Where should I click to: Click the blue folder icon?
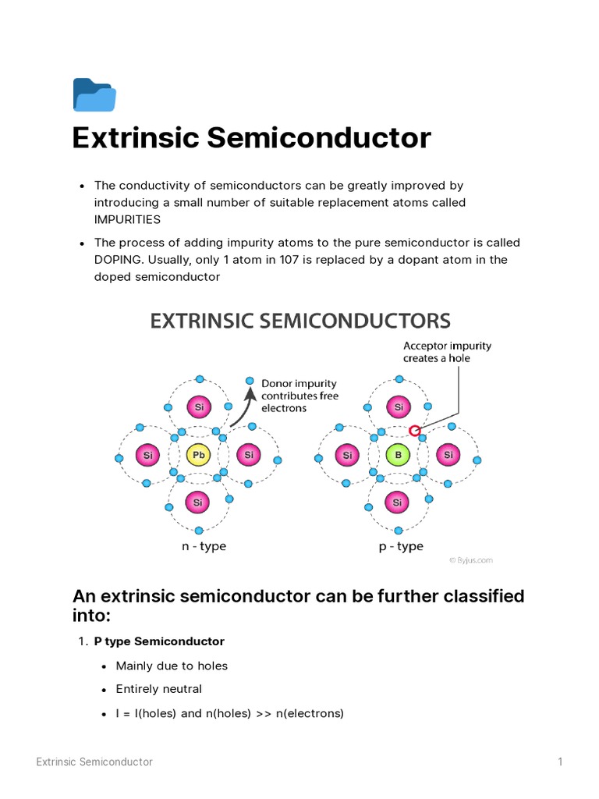tap(94, 95)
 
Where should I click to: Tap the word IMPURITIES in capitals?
tap(127, 219)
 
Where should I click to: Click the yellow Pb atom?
tap(198, 454)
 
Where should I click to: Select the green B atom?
tap(398, 454)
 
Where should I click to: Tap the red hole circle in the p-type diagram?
tap(414, 430)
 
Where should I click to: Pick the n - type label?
tap(204, 546)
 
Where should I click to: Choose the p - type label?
tap(401, 546)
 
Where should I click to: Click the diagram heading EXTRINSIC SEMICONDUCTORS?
tap(300, 321)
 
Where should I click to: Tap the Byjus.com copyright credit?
tap(471, 560)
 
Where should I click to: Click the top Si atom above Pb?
tap(198, 407)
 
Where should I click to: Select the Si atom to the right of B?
tap(448, 454)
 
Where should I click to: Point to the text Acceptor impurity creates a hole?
tap(447, 352)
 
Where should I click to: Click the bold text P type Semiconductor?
tap(159, 641)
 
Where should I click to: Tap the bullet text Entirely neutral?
tap(158, 689)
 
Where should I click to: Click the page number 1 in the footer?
tap(560, 762)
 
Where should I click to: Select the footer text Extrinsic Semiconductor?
tap(94, 762)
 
